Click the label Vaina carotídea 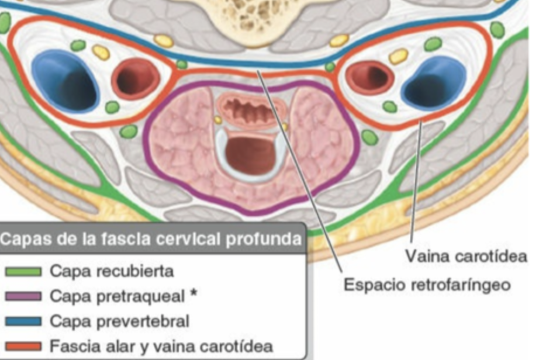(466, 256)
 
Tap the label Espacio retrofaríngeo (427, 285)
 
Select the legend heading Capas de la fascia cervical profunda (151, 239)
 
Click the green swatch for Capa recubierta (23, 272)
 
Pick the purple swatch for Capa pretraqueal (23, 296)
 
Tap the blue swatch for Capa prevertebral (23, 321)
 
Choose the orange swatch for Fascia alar (23, 346)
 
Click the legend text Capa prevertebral (119, 321)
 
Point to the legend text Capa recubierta (111, 272)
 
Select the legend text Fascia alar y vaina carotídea (161, 346)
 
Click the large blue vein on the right (434, 84)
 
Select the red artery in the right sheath (369, 77)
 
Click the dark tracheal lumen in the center (250, 154)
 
